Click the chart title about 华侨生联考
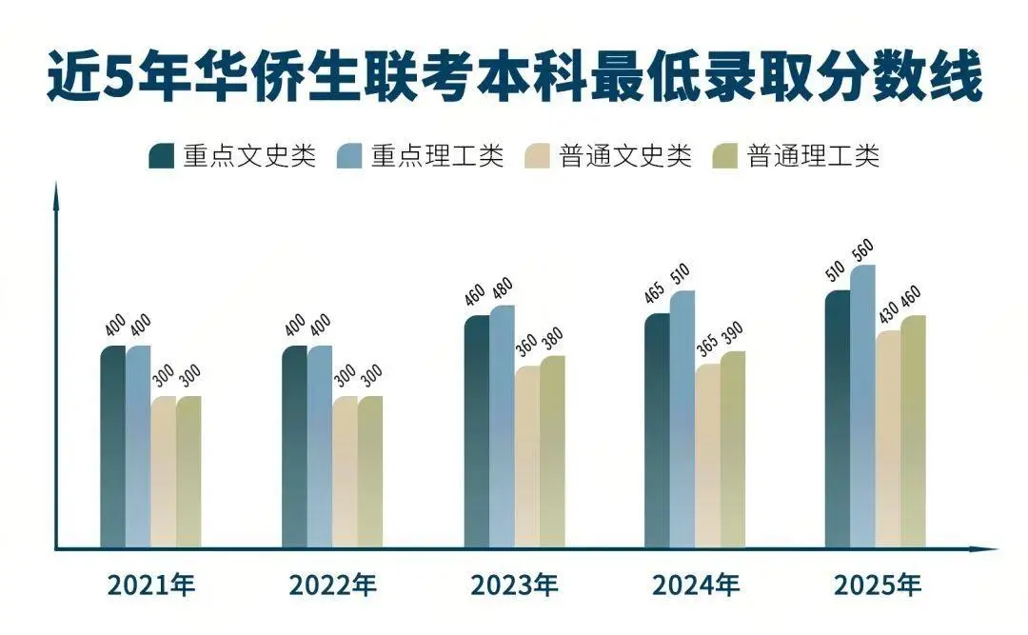tap(514, 78)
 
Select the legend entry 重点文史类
tap(232, 156)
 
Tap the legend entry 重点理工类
tap(420, 156)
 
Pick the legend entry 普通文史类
tap(608, 156)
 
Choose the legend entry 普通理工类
tap(796, 156)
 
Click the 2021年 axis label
tap(150, 585)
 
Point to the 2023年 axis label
tap(514, 585)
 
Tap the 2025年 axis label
tap(878, 585)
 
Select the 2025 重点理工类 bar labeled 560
tap(862, 409)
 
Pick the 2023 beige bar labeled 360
tap(527, 457)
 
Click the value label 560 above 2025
tap(862, 249)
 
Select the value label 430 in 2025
tap(887, 314)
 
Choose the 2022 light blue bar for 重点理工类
tap(320, 447)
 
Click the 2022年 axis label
tap(332, 585)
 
